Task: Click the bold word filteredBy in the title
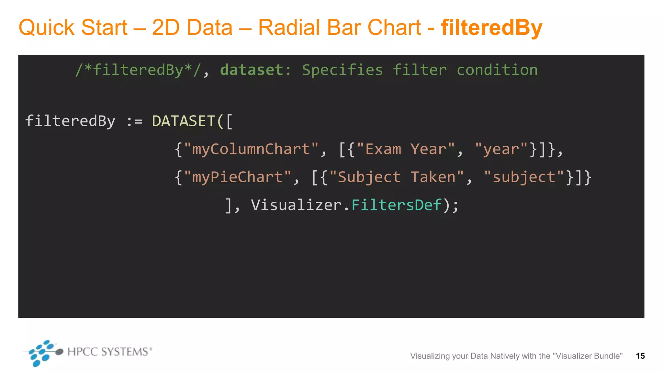491,28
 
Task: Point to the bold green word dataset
252,70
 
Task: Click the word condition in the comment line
497,70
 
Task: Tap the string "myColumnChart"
251,149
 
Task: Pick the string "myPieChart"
238,177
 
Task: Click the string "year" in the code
501,149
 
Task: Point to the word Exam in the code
383,149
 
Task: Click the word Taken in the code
433,177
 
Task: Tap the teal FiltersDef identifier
397,205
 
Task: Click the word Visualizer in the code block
296,205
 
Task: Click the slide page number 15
640,356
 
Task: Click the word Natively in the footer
505,356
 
